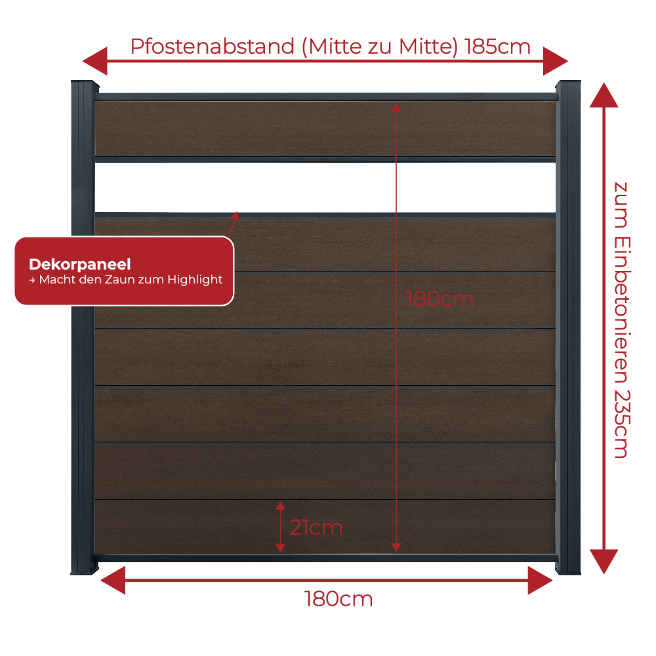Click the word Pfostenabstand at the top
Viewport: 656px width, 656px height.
pyautogui.click(x=213, y=47)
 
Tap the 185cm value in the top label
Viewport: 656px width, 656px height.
pyautogui.click(x=498, y=46)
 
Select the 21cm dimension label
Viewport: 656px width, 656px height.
pyautogui.click(x=316, y=527)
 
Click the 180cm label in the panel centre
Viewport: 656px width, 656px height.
pyautogui.click(x=440, y=299)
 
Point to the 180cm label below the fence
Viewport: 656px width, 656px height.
pyautogui.click(x=338, y=599)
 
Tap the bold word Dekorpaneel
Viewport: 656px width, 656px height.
pyautogui.click(x=80, y=264)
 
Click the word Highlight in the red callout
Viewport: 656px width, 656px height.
pyautogui.click(x=195, y=279)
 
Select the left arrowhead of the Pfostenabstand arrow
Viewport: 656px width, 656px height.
pyautogui.click(x=95, y=61)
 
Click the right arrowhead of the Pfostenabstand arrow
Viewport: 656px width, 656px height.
pyautogui.click(x=556, y=61)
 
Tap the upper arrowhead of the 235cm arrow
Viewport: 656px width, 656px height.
pyautogui.click(x=604, y=95)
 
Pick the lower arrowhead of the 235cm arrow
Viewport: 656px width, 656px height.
pyautogui.click(x=604, y=562)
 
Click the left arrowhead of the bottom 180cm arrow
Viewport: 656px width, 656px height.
pyautogui.click(x=113, y=581)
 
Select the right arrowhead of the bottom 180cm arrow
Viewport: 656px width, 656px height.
pyautogui.click(x=540, y=581)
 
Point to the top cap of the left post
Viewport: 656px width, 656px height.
pyautogui.click(x=85, y=83)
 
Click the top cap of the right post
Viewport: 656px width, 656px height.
pyautogui.click(x=568, y=83)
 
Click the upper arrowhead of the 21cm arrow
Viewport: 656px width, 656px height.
pyautogui.click(x=280, y=505)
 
